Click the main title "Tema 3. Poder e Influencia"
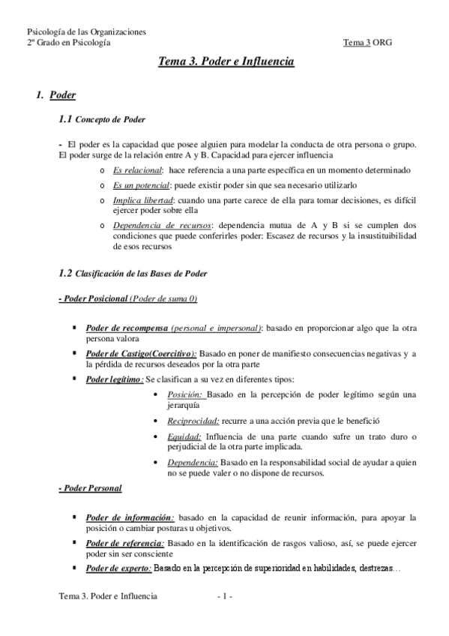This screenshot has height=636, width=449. [225, 64]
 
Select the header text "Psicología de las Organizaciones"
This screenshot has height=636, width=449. [86, 32]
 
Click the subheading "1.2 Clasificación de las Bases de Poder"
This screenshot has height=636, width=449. [133, 273]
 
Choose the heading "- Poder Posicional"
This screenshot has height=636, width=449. [93, 299]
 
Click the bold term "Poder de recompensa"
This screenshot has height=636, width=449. [125, 328]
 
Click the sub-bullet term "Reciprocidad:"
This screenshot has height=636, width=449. [193, 421]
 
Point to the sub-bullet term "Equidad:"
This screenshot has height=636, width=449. [185, 436]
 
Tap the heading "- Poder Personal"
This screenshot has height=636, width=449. [90, 488]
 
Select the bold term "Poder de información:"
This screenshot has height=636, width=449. [130, 517]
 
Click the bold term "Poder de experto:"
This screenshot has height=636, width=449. [118, 568]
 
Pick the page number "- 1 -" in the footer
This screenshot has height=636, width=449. [225, 597]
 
